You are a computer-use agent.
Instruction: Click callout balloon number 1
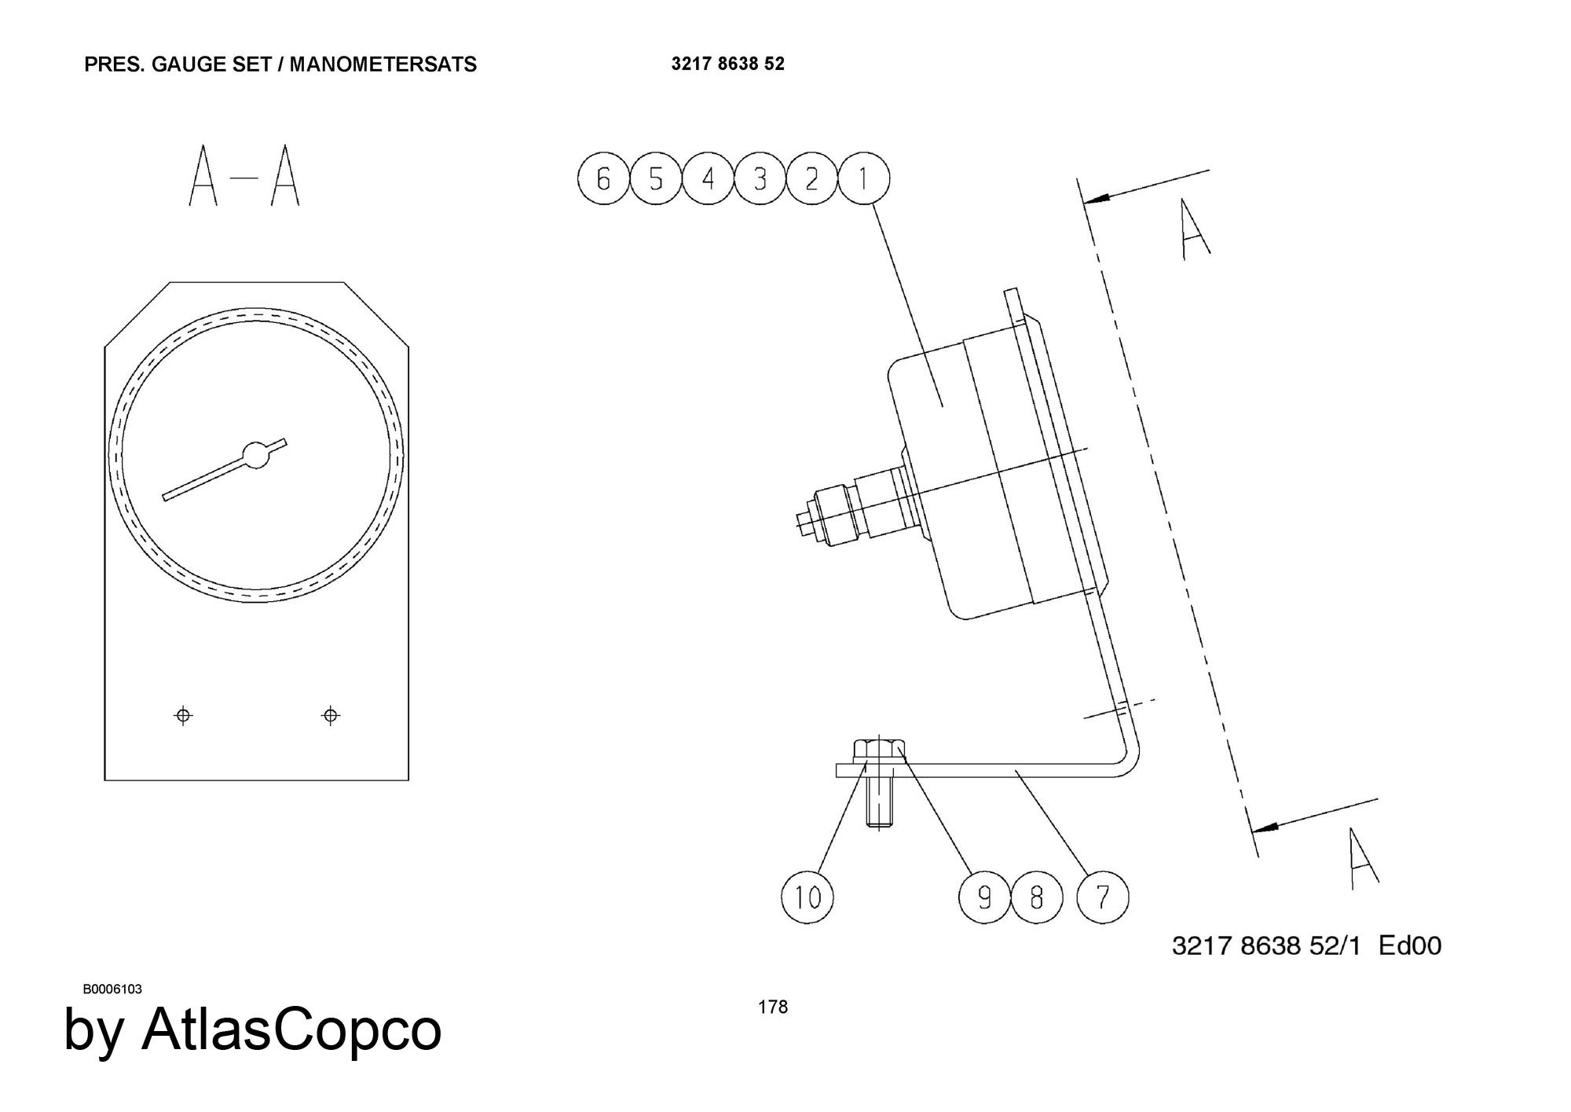click(863, 179)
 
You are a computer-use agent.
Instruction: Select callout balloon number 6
click(603, 179)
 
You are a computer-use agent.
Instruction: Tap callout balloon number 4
click(708, 179)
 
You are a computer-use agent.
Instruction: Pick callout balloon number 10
click(807, 897)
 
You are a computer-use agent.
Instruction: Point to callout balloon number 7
click(1102, 897)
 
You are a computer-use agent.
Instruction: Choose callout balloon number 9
click(985, 897)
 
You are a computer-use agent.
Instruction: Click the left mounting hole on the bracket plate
click(183, 715)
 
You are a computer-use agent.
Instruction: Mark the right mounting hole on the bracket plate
click(331, 715)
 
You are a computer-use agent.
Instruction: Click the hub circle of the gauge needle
click(256, 455)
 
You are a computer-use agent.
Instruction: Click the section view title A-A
click(244, 175)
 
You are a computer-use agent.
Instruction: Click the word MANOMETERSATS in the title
click(383, 64)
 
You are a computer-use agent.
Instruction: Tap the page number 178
click(773, 1007)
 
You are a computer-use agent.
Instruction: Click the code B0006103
click(112, 989)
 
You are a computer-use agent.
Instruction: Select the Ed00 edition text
click(1410, 945)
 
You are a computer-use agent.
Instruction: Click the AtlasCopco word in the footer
click(291, 1029)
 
